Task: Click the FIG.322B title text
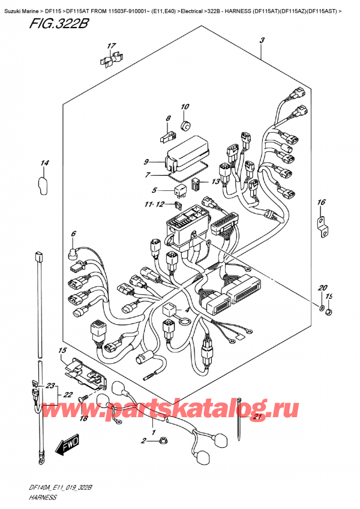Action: coord(59,24)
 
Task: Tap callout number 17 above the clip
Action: coord(112,46)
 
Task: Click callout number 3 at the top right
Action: coord(262,41)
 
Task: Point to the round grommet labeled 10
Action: coord(186,125)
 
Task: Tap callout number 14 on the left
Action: coord(45,163)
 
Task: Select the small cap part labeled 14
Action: coord(43,185)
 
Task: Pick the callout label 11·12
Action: coord(155,205)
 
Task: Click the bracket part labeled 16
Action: coord(323,226)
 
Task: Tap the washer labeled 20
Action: coord(321,308)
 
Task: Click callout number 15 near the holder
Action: coord(62,351)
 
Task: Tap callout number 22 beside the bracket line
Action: coord(68,395)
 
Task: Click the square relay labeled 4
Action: coord(169,309)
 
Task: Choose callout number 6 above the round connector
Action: coord(74,233)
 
